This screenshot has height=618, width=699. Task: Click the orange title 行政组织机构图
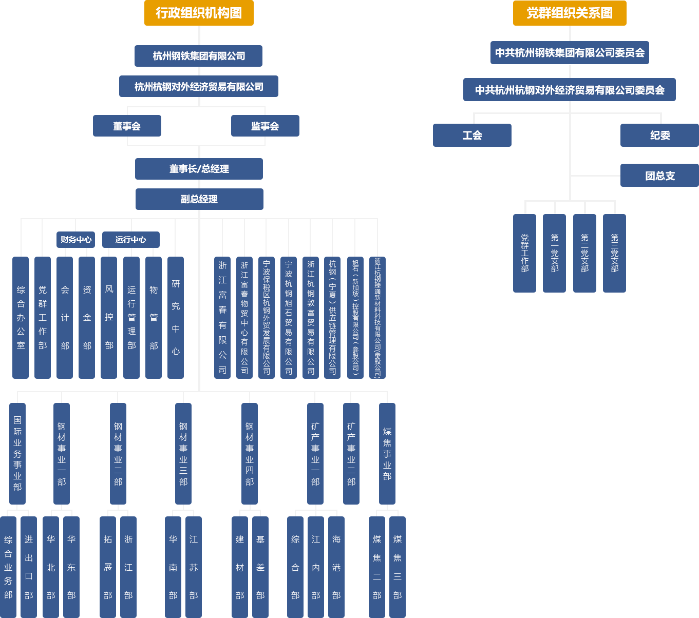click(x=198, y=13)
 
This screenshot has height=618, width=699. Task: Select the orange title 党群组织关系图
click(x=569, y=13)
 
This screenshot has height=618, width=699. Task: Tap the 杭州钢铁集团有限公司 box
click(x=198, y=56)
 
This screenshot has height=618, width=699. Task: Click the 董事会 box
click(x=126, y=126)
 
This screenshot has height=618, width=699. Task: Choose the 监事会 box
click(x=265, y=126)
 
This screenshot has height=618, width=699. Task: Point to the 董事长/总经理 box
click(x=199, y=169)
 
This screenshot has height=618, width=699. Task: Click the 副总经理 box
click(x=199, y=199)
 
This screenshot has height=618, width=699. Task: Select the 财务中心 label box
click(x=76, y=240)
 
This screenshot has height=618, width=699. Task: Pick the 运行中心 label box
click(x=130, y=240)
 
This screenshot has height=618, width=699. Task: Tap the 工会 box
click(x=471, y=136)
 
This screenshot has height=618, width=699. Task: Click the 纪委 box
click(x=659, y=136)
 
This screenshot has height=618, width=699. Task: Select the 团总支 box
click(x=659, y=176)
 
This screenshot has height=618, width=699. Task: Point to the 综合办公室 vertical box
click(x=21, y=317)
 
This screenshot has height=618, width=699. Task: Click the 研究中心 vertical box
click(x=176, y=317)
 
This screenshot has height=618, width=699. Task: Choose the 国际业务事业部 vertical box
click(x=17, y=454)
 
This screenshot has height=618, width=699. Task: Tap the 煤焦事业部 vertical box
click(x=387, y=454)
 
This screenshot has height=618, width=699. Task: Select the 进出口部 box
click(x=29, y=567)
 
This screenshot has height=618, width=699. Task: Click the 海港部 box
click(x=336, y=567)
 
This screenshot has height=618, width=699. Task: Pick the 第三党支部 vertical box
click(x=614, y=253)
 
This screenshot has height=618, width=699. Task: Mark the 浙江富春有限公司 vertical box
click(x=222, y=317)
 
